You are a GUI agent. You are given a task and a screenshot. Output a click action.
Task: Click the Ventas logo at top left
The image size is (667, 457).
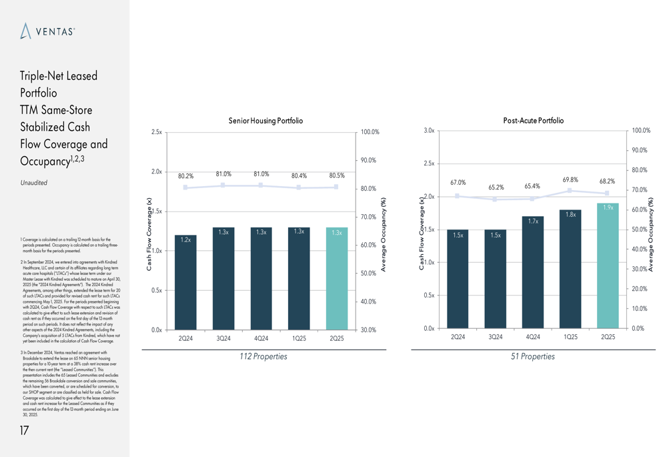pyautogui.click(x=47, y=31)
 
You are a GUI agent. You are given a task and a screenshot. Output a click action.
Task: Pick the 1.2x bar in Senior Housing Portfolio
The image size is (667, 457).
pyautogui.click(x=186, y=283)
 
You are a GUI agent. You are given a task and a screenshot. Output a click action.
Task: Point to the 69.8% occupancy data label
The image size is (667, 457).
pyautogui.click(x=570, y=179)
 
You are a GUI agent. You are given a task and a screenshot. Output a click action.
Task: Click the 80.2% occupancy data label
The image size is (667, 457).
pyautogui.click(x=185, y=177)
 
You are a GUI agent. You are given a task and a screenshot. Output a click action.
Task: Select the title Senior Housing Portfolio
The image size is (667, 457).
pyautogui.click(x=265, y=121)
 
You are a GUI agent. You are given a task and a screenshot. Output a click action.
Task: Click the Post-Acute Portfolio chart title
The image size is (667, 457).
pyautogui.click(x=533, y=121)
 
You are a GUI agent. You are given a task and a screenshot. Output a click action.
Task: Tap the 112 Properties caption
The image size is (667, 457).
pyautogui.click(x=263, y=356)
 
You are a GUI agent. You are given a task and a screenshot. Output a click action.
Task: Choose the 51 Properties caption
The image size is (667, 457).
pyautogui.click(x=533, y=356)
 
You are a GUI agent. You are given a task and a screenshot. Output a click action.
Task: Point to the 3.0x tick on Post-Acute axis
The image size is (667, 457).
pyautogui.click(x=429, y=131)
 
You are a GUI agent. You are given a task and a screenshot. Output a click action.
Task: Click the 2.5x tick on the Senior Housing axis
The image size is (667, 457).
pyautogui.click(x=156, y=132)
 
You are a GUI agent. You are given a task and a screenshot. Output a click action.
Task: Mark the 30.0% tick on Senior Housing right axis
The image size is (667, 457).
pyautogui.click(x=368, y=330)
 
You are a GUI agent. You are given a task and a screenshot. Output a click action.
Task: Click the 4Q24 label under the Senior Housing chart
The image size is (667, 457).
pyautogui.click(x=261, y=338)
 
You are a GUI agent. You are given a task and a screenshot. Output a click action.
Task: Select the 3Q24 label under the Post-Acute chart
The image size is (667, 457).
pyautogui.click(x=495, y=337)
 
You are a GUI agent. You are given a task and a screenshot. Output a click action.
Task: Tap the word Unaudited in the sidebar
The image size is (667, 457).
pyautogui.click(x=33, y=182)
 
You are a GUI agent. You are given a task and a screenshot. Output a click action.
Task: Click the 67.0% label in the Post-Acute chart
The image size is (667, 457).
pyautogui.click(x=458, y=182)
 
